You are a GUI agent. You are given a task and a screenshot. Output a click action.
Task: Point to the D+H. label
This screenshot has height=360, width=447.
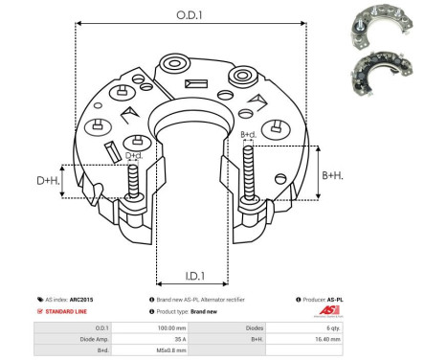[47, 179]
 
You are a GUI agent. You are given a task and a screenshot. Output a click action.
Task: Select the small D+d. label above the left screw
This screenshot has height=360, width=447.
[134, 155]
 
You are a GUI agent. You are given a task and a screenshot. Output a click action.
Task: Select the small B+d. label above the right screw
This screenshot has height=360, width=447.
[248, 134]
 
